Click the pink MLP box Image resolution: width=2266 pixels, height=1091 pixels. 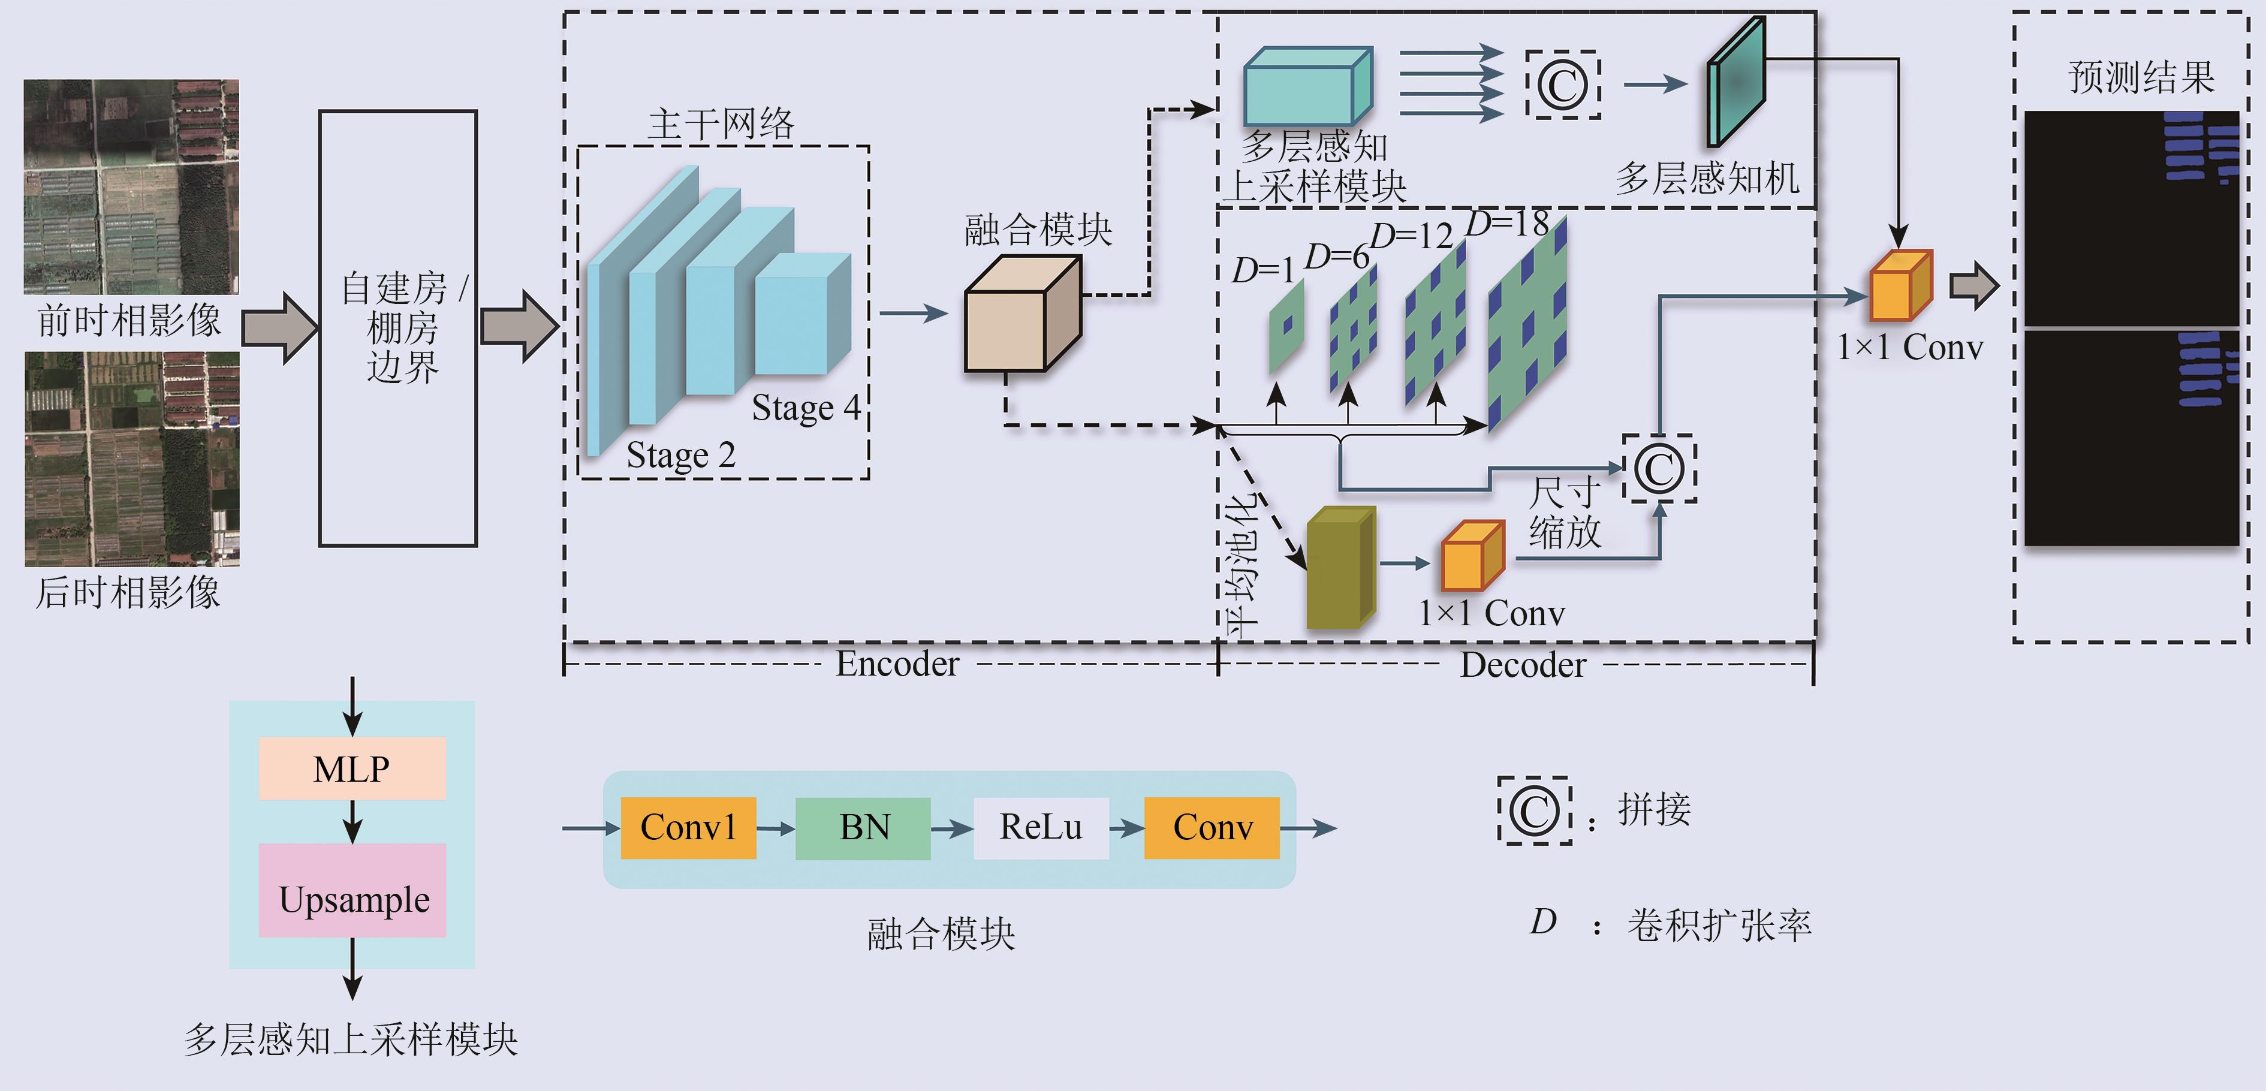click(x=352, y=768)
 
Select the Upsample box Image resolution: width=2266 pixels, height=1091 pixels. click(x=352, y=890)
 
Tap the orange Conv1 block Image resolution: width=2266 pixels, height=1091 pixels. click(x=688, y=827)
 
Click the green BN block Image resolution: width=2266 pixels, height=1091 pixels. click(x=863, y=827)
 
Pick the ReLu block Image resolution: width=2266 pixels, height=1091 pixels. click(x=1041, y=827)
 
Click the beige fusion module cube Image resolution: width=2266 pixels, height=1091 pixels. click(x=1020, y=317)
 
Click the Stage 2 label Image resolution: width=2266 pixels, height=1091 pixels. click(x=680, y=455)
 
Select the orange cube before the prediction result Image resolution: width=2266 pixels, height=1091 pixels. click(x=1900, y=287)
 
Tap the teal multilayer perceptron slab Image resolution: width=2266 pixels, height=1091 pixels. click(x=1735, y=83)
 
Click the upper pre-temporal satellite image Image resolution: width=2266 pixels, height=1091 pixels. click(x=131, y=186)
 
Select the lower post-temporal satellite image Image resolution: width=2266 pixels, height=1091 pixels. click(x=132, y=459)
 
